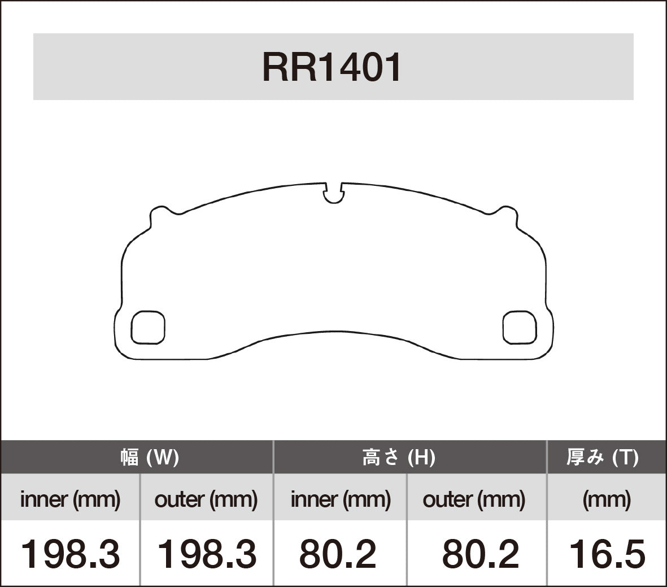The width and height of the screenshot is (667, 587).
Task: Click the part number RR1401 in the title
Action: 332,68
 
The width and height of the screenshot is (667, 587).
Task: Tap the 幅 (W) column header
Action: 149,457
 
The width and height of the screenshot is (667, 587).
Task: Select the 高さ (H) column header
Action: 398,457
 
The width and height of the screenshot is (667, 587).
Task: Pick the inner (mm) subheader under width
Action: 70,499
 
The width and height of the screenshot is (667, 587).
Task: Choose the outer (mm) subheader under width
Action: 206,499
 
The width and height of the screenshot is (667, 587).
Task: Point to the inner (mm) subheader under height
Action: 341,499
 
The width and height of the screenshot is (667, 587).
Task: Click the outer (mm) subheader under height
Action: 474,499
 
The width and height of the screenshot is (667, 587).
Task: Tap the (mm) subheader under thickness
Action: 607,499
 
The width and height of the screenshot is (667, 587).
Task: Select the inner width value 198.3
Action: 70,554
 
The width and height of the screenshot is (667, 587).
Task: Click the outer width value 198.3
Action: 206,554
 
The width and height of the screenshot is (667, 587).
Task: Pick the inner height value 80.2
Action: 338,554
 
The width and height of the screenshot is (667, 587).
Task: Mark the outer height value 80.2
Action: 480,554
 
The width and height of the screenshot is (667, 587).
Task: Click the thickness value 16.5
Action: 607,554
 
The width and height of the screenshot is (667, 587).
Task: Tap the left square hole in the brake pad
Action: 148,327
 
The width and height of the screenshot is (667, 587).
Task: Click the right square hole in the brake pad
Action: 518,327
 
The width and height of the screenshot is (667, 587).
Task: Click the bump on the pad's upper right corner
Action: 504,214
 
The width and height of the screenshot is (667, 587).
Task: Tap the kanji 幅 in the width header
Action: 129,457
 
